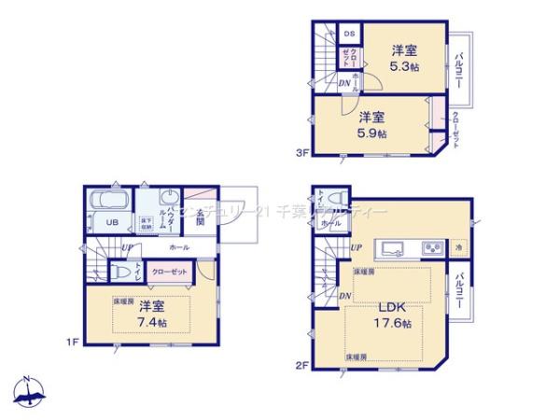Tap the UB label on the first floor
[x=110, y=222]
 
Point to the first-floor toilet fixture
[x=119, y=271]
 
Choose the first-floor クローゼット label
[x=168, y=271]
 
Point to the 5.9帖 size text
[x=372, y=133]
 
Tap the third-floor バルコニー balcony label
[x=460, y=69]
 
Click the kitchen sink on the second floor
[x=391, y=247]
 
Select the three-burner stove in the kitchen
[x=434, y=247]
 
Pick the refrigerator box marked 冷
[x=459, y=247]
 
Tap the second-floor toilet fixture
[x=320, y=203]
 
